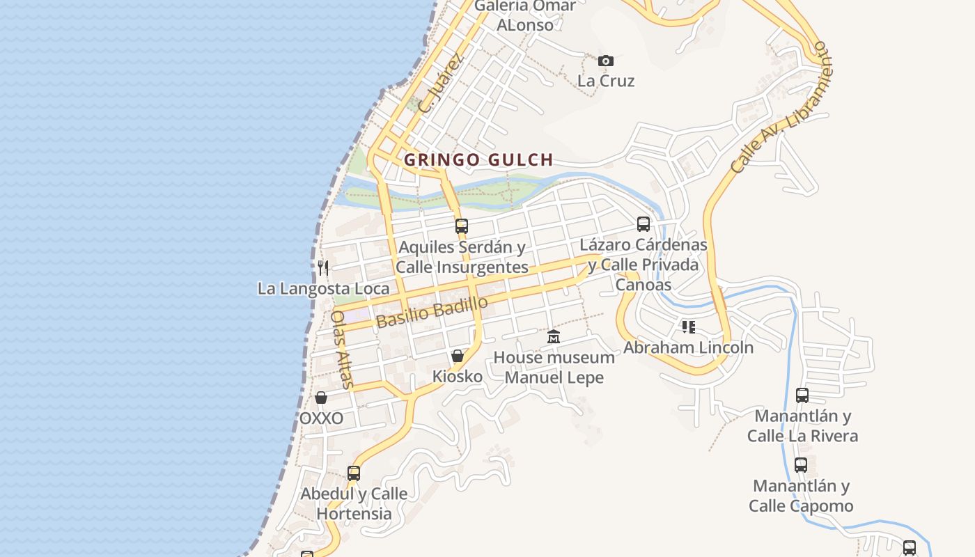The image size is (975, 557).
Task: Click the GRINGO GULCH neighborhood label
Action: tap(478, 159)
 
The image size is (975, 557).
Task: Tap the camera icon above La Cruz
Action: tap(606, 61)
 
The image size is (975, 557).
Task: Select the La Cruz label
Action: tap(606, 81)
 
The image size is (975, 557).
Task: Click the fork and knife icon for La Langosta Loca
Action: tap(322, 267)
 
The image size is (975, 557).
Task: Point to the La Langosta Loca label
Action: tap(324, 288)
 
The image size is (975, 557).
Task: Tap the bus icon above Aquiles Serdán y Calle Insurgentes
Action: tap(461, 226)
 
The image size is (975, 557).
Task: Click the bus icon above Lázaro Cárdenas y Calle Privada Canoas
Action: tap(643, 224)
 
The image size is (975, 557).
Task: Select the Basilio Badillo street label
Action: tap(432, 311)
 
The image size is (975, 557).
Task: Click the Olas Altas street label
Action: tap(343, 348)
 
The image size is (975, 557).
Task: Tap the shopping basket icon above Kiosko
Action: tap(458, 356)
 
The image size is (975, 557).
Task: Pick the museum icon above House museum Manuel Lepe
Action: tap(554, 337)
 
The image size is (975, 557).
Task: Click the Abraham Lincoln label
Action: tap(688, 347)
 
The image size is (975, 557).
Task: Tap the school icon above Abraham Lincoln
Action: tap(688, 327)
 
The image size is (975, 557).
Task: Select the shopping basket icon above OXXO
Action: tap(321, 398)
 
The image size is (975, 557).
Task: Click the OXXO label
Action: tap(321, 418)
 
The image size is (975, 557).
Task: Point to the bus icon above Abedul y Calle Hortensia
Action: tap(354, 473)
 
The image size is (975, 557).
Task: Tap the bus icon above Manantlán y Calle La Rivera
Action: tap(802, 395)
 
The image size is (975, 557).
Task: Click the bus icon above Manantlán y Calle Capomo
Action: tap(801, 465)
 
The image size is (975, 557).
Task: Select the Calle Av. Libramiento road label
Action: tap(781, 108)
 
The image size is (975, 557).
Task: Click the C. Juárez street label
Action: tap(441, 84)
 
